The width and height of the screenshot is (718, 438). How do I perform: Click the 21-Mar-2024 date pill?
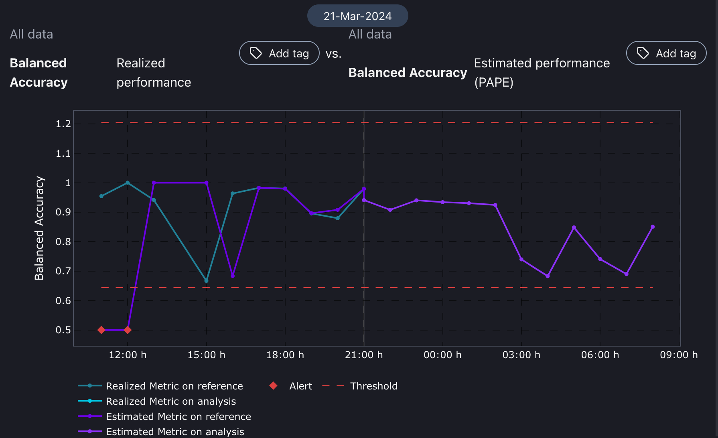357,16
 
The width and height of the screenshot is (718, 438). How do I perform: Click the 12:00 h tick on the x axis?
128,355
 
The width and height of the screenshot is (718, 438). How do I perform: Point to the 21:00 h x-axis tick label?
364,355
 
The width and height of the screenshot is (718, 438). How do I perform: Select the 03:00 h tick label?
521,355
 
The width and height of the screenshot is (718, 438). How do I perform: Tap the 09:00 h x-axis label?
679,355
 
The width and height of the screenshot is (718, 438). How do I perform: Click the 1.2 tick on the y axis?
63,124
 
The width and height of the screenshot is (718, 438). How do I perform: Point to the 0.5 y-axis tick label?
63,330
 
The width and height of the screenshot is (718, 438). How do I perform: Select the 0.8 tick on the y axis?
63,242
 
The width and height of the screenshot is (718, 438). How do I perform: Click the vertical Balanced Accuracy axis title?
39,228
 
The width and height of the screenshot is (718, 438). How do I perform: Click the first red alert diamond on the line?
101,330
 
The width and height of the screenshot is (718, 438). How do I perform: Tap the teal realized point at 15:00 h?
206,281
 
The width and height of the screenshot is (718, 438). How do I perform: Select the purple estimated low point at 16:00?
233,276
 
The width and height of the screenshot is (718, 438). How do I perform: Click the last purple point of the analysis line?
653,227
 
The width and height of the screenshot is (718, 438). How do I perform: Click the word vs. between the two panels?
333,54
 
